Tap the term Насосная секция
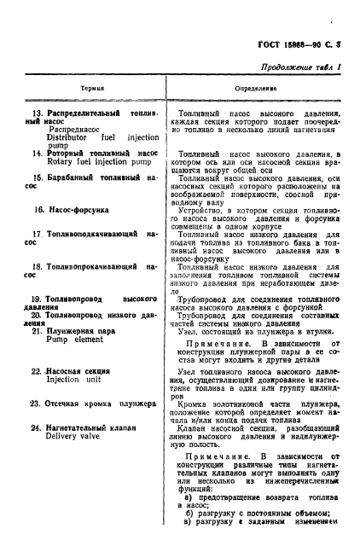tap(77, 371)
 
